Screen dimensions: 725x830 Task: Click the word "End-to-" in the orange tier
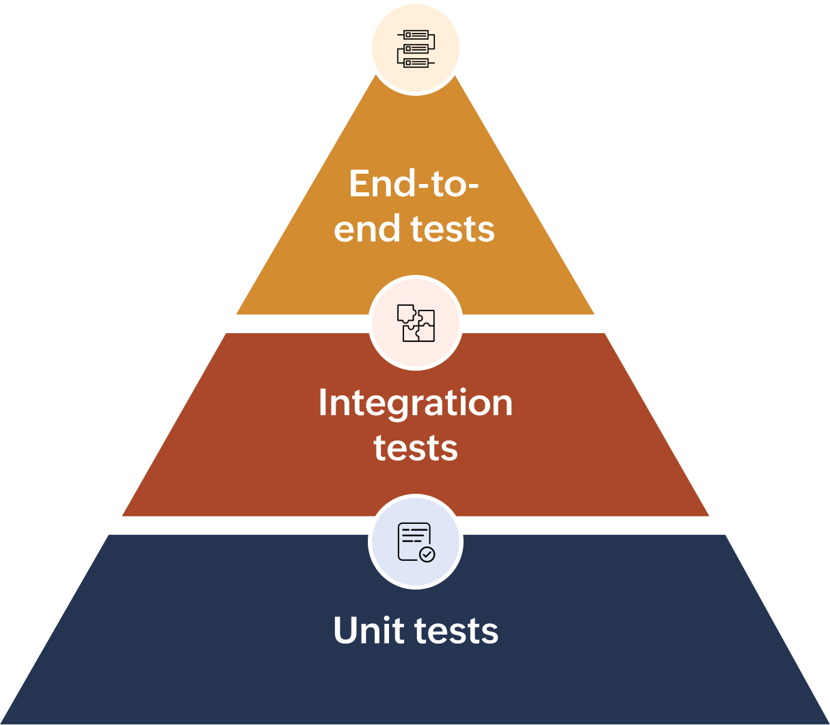pyautogui.click(x=413, y=183)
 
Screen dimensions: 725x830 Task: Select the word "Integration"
pyautogui.click(x=415, y=403)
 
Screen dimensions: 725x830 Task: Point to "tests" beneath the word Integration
pyautogui.click(x=415, y=448)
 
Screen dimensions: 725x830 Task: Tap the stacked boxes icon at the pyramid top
pyautogui.click(x=415, y=48)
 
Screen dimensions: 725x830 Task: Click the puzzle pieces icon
pyautogui.click(x=415, y=323)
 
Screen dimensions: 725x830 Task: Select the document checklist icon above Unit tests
pyautogui.click(x=415, y=542)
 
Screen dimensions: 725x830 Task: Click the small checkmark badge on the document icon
pyautogui.click(x=427, y=554)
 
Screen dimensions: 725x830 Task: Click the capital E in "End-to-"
pyautogui.click(x=359, y=183)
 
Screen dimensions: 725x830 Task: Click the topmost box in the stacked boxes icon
pyautogui.click(x=415, y=35)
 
